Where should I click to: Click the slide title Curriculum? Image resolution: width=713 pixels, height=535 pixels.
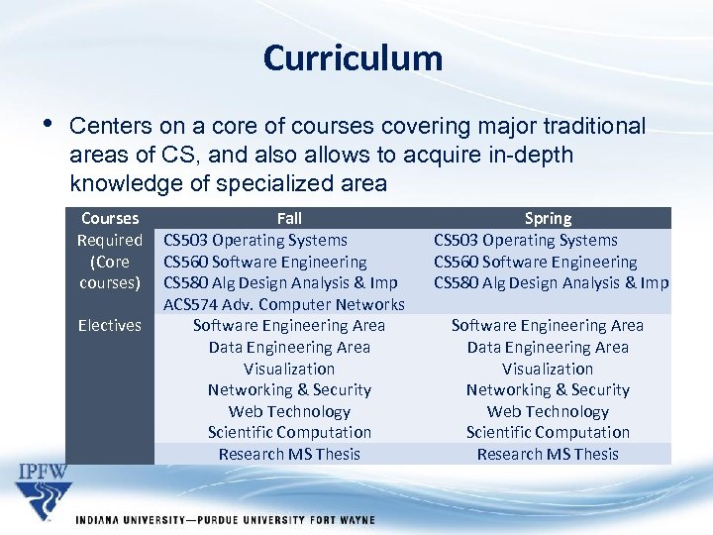pos(353,57)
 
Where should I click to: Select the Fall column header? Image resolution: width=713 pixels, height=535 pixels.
pos(289,218)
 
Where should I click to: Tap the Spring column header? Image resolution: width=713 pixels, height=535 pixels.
pos(548,218)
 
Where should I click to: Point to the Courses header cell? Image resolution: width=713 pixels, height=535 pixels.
pos(109,218)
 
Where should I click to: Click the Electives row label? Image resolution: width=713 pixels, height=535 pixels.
pos(109,325)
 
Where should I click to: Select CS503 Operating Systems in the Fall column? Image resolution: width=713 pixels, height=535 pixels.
pos(255,240)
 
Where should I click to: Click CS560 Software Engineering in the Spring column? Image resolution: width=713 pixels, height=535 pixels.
pos(535,262)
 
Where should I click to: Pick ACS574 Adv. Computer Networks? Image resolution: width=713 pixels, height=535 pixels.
pos(284,304)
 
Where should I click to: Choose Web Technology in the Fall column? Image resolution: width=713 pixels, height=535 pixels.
pos(289,411)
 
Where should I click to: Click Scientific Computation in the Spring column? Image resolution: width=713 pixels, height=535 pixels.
pos(548,432)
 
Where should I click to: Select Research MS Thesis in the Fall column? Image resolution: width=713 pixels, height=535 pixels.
pos(289,454)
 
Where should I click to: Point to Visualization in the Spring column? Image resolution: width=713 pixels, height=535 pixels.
pos(548,369)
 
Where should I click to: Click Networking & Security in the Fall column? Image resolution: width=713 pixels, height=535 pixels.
pos(289,389)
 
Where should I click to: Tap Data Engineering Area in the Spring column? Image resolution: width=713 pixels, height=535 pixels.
pos(548,347)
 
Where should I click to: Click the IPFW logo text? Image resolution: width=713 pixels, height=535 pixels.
pos(44,470)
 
